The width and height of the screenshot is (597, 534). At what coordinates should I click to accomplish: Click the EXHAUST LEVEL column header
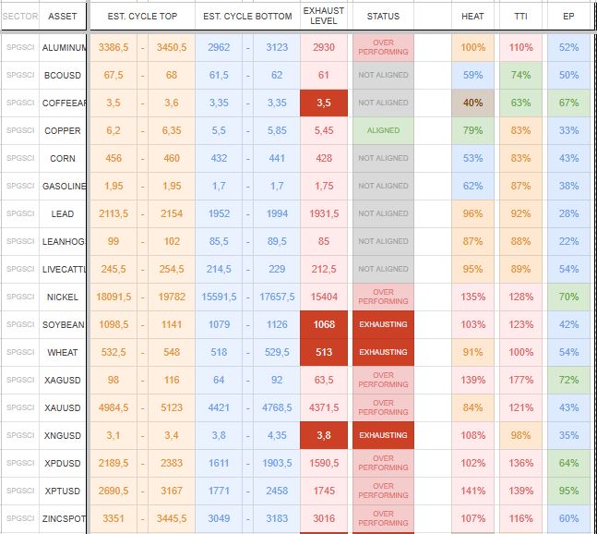[324, 16]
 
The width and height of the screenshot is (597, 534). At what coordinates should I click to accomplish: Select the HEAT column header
[472, 17]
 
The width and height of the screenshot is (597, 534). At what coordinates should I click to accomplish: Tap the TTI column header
[521, 17]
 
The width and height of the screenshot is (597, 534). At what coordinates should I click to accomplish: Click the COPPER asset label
[63, 130]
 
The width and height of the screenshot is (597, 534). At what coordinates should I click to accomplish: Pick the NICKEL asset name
[63, 297]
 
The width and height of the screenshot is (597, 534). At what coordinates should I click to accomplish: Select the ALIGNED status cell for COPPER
[383, 130]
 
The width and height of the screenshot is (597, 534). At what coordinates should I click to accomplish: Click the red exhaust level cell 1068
[324, 324]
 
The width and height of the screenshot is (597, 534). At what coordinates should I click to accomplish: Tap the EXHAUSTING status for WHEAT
[383, 352]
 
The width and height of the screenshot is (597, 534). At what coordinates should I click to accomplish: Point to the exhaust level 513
[324, 352]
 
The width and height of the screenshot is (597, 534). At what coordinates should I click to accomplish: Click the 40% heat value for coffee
[472, 103]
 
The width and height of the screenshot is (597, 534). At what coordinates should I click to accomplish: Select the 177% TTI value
[521, 380]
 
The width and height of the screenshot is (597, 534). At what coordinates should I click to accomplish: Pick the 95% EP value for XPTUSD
[569, 491]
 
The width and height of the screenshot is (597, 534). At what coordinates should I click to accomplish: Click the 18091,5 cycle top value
[113, 297]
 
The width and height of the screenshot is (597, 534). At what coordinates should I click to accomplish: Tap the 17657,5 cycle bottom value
[277, 297]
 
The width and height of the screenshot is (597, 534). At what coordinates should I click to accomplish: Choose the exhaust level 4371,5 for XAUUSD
[324, 407]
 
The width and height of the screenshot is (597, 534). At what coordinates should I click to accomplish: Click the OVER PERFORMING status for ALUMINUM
[383, 47]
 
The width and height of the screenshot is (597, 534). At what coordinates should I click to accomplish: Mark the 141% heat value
[472, 491]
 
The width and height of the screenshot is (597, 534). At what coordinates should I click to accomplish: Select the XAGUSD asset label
[63, 380]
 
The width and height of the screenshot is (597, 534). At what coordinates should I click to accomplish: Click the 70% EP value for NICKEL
[569, 297]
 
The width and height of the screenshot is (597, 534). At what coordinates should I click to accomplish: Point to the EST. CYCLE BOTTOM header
[247, 17]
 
